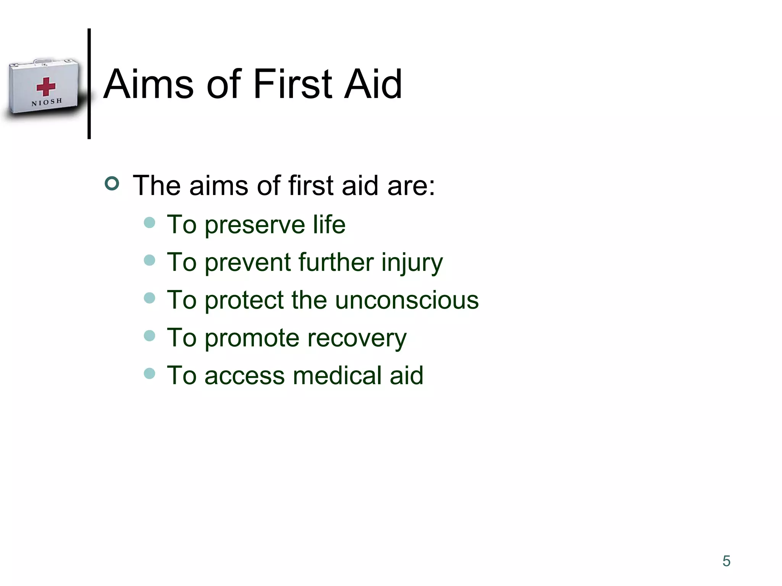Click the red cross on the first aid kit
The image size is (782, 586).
46,87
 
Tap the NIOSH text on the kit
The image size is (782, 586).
47,102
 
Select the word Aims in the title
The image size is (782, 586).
149,84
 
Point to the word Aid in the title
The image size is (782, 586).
373,84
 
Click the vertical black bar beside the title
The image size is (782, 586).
89,84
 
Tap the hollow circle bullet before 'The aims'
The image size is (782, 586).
112,184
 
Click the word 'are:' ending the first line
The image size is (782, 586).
411,186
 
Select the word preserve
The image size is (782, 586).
255,225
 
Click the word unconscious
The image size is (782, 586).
407,300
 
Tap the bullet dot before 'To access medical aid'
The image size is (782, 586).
150,373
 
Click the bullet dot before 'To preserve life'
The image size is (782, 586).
150,222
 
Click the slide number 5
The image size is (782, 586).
726,561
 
